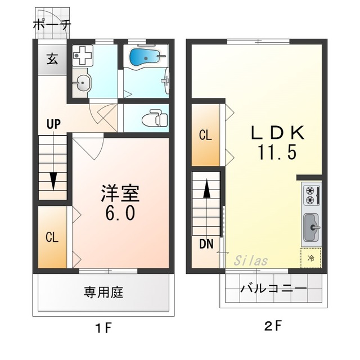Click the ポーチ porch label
pos(52,24)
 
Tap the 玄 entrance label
pos(52,59)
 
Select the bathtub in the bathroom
pos(145,57)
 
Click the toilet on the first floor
pos(153,119)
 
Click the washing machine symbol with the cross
pos(83,56)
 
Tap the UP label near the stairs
pos(53,125)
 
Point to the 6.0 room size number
pos(119,214)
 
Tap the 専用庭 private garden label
pos(103,292)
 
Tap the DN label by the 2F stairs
pos(205,244)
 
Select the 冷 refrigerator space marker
pos(311,258)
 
